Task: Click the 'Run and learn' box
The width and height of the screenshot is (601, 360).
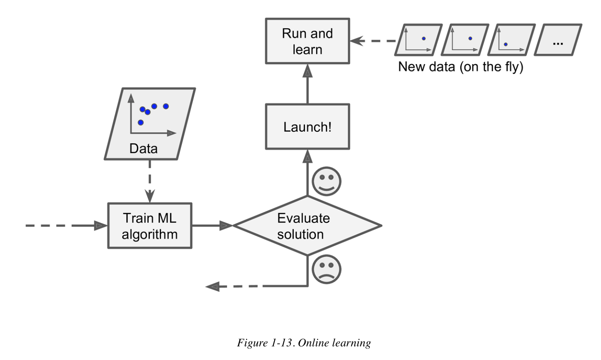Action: [x=307, y=41]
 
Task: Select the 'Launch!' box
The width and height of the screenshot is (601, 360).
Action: [x=307, y=127]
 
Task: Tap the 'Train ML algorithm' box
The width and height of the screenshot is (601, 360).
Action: [x=149, y=226]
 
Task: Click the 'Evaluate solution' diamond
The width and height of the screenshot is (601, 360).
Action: [x=307, y=226]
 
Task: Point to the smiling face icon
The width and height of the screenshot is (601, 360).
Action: [x=327, y=181]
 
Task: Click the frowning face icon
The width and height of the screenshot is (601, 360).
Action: [x=327, y=269]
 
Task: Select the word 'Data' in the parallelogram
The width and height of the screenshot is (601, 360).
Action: [x=143, y=149]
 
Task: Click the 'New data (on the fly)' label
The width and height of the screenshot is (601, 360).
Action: [x=460, y=67]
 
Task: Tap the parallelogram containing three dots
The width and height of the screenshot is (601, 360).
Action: [x=558, y=40]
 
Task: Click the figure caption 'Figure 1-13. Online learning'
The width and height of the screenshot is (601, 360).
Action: [x=304, y=343]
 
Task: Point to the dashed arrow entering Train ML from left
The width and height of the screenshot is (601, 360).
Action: [x=64, y=226]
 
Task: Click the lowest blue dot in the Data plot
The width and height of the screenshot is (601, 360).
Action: [x=141, y=122]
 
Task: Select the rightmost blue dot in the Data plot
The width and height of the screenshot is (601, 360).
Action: [x=166, y=106]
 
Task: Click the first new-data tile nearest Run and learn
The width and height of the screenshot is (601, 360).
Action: [x=418, y=40]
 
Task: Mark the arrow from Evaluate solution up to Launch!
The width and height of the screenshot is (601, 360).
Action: [x=307, y=172]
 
